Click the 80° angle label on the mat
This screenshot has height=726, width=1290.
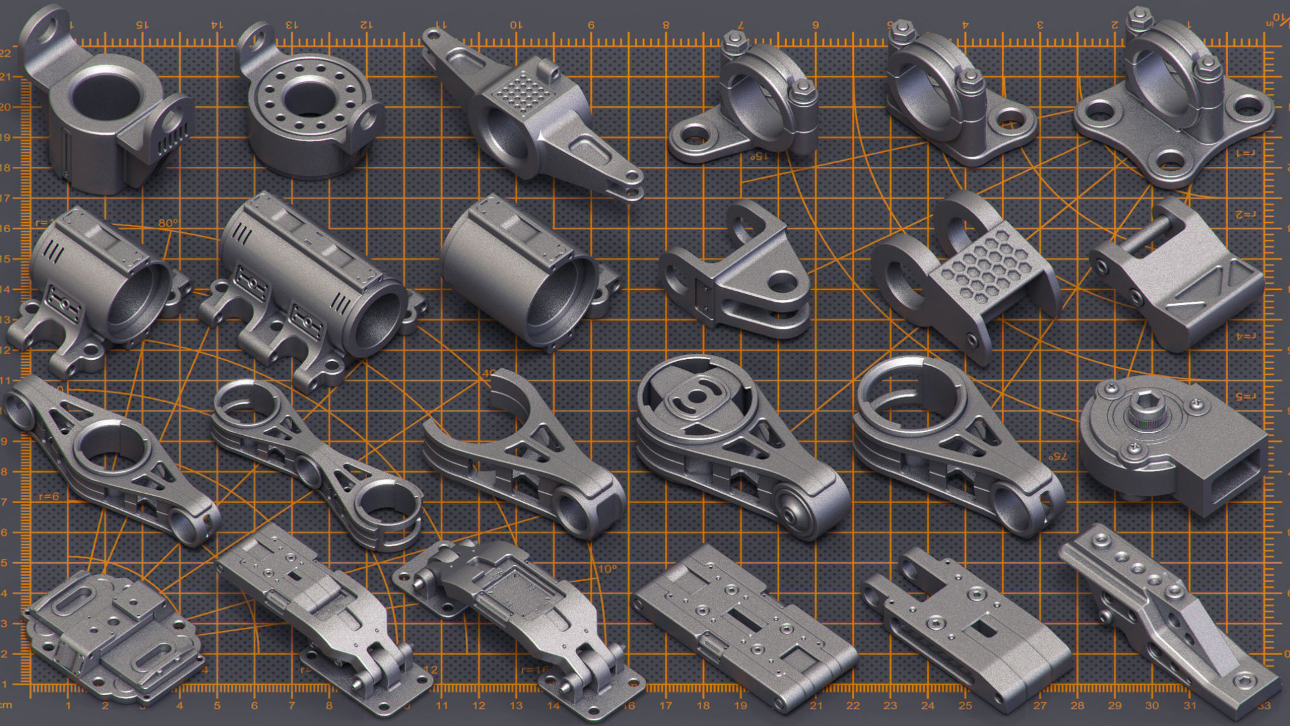tap(168, 223)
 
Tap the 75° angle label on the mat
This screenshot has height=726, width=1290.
tap(1057, 456)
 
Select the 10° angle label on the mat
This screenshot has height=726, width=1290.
tap(607, 569)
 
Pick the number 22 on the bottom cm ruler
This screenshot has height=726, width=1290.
tap(853, 706)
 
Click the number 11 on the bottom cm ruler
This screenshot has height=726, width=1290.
tap(441, 706)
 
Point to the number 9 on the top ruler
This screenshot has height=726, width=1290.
tap(590, 25)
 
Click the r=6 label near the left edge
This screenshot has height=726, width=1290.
tap(49, 496)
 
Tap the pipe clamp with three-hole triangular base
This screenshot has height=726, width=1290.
tap(1173, 103)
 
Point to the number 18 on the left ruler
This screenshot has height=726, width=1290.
tap(6, 168)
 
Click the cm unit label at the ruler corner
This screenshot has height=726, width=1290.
tap(6, 705)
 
